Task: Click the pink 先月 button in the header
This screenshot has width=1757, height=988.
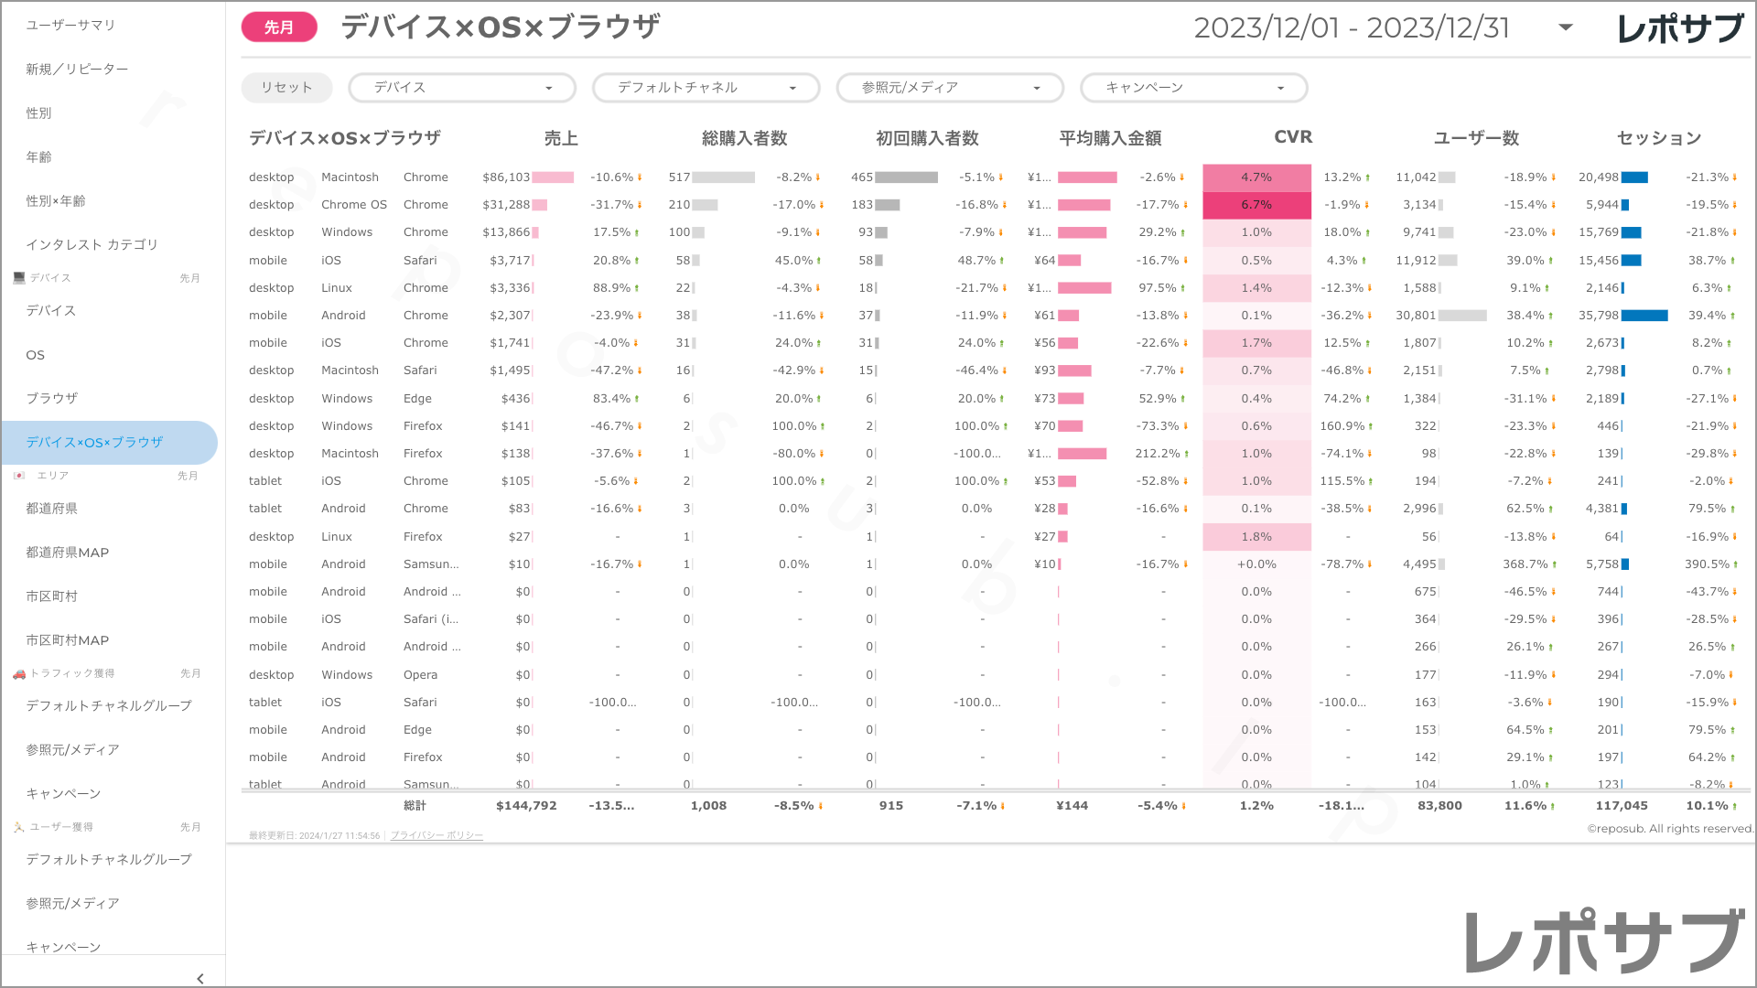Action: point(279,27)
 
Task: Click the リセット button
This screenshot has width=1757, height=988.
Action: point(286,88)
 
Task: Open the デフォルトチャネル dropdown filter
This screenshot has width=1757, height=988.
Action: point(706,88)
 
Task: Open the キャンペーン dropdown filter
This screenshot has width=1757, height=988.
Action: point(1193,88)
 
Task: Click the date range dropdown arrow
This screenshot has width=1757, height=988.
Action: point(1566,27)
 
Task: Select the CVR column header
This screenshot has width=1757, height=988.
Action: point(1292,137)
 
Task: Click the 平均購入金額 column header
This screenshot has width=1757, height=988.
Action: point(1109,138)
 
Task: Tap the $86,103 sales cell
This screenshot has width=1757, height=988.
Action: point(506,177)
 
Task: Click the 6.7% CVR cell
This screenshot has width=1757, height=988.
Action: point(1256,205)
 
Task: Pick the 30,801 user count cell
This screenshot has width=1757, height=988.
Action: point(1416,316)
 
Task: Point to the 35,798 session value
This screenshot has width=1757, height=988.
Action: point(1599,316)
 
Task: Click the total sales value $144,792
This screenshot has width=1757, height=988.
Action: point(526,806)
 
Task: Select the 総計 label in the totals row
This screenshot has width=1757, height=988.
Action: point(415,806)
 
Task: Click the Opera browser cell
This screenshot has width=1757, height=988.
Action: point(420,675)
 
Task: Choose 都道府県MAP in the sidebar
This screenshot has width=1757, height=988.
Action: point(68,553)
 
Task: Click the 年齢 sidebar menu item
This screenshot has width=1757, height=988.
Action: point(39,157)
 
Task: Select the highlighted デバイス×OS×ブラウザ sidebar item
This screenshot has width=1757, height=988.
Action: point(94,443)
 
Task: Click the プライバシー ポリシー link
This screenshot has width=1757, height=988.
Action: point(437,836)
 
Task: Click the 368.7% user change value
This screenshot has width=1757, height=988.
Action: point(1523,564)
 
